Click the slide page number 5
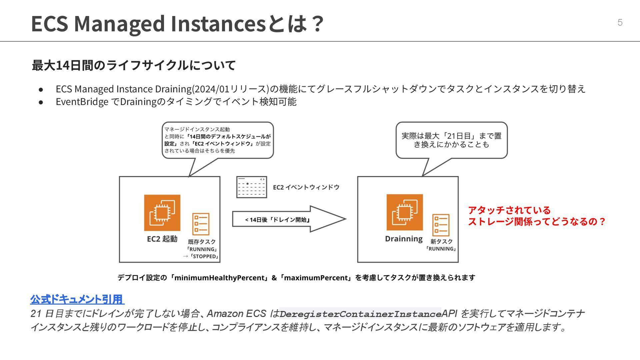[620, 22]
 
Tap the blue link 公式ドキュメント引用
[77, 299]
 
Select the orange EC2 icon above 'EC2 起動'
[162, 213]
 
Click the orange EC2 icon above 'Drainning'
[405, 212]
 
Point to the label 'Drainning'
[404, 239]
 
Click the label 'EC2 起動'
[162, 239]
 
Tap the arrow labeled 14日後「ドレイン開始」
[289, 219]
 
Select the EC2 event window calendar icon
[251, 187]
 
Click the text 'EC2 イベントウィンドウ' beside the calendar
[306, 187]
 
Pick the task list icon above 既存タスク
[201, 224]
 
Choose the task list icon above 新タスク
[441, 225]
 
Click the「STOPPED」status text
[204, 256]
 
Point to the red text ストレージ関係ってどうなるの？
[537, 222]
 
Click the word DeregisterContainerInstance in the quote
[360, 314]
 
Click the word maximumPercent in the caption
[316, 278]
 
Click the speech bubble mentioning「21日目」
[451, 140]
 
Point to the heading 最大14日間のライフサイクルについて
[134, 65]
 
